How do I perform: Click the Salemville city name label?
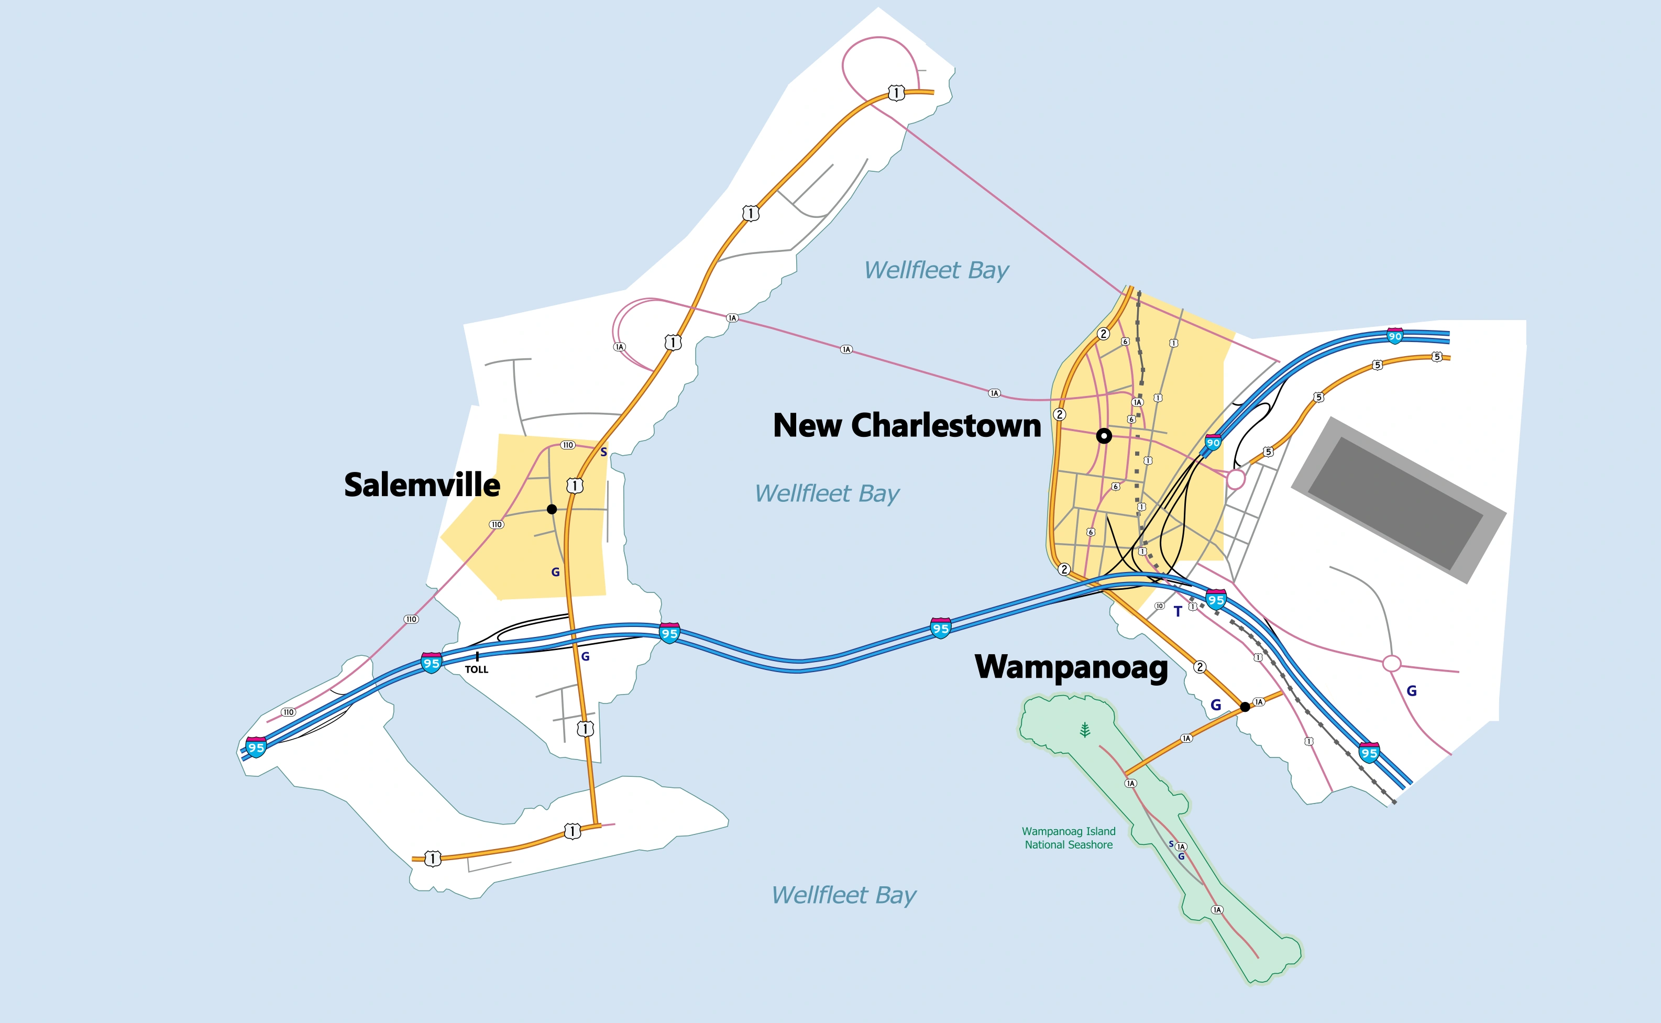422,485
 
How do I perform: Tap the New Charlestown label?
907,425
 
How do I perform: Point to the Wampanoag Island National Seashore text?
1069,838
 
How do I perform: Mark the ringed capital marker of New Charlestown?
1104,436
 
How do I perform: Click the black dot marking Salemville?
552,509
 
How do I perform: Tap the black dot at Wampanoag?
1245,707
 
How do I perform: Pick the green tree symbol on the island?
1085,730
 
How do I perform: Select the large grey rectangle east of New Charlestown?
1399,500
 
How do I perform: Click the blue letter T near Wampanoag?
1178,612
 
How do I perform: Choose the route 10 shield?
1159,606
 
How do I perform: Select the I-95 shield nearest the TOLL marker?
431,663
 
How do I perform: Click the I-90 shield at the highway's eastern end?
1394,336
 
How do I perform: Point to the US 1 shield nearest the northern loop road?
896,93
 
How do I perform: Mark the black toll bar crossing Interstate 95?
477,656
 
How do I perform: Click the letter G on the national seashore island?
1181,856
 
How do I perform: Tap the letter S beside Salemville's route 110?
603,452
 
